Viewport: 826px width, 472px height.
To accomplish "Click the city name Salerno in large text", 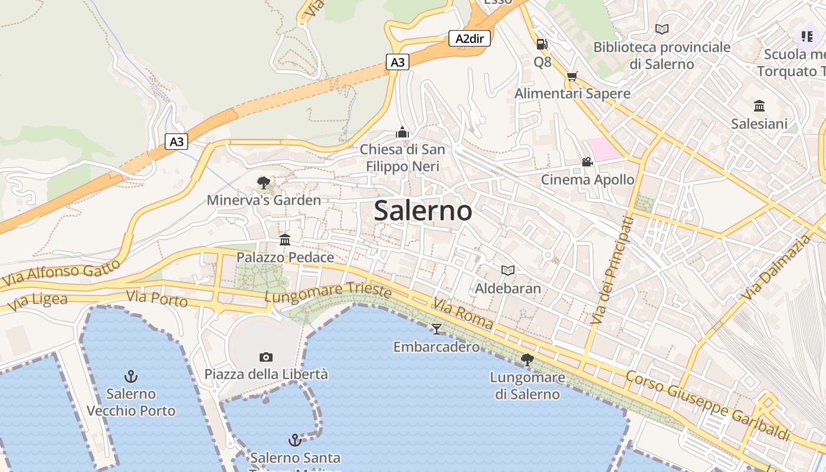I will (x=423, y=211).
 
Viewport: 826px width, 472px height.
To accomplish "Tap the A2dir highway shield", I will (x=470, y=39).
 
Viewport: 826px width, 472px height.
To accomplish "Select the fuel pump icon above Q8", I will (x=542, y=44).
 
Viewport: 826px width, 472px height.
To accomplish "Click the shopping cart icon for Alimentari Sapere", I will (x=572, y=76).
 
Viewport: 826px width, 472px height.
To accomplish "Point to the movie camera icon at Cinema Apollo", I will (x=587, y=162).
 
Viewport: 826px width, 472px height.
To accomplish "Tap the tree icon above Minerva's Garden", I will (x=263, y=183).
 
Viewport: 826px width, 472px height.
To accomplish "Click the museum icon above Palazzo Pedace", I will (x=286, y=240).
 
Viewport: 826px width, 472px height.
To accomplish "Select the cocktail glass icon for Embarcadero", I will (x=437, y=329).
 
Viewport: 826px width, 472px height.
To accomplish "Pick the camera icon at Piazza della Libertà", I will (x=266, y=357).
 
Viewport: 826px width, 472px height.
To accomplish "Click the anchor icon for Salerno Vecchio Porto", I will (x=131, y=376).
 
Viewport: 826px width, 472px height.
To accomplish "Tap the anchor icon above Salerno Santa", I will (x=294, y=440).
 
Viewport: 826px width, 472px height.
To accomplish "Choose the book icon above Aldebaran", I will (x=508, y=270).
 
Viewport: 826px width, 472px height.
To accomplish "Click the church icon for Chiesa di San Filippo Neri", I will (x=402, y=132).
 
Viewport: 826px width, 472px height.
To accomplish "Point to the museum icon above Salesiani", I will (x=759, y=106).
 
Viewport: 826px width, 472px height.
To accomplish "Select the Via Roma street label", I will (x=463, y=314).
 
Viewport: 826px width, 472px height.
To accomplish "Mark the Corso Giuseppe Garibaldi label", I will (x=707, y=405).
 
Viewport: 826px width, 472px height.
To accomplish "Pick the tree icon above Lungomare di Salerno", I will (x=527, y=359).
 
